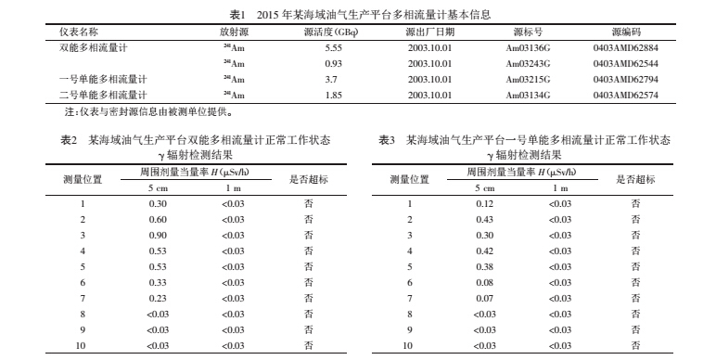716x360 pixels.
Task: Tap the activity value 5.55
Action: [335, 46]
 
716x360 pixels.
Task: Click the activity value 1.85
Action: [335, 95]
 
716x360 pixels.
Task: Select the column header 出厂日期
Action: [428, 31]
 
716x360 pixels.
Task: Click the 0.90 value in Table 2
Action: [159, 235]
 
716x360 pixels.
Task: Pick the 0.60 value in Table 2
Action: [159, 219]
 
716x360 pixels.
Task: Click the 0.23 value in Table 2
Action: [159, 298]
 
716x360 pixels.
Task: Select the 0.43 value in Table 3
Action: [485, 219]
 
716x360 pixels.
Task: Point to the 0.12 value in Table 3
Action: [485, 203]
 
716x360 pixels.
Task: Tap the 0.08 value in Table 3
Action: [485, 282]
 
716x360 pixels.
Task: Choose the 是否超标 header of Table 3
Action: [635, 178]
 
